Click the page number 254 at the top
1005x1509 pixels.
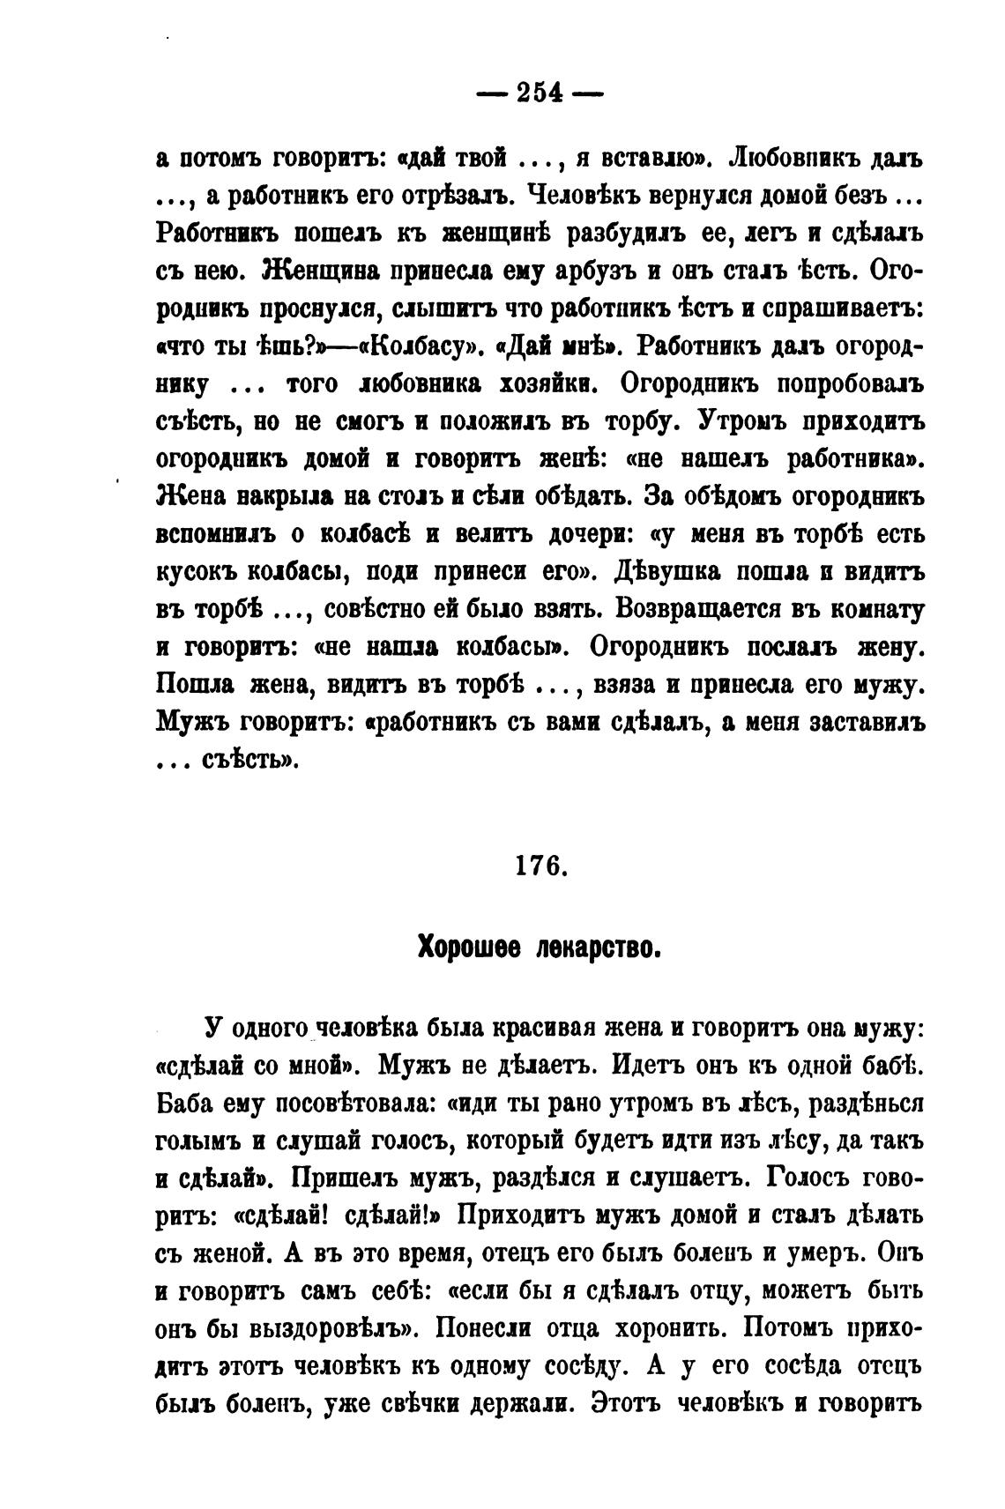pos(540,93)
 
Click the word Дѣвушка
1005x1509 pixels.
pos(664,572)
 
